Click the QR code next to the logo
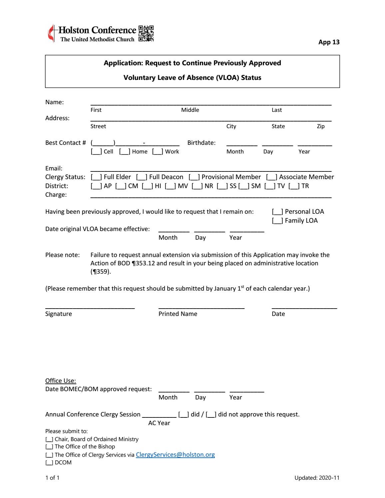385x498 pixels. point(146,34)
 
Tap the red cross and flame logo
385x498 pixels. point(51,34)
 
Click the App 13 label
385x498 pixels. point(329,42)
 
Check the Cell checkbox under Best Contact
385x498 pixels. point(96,152)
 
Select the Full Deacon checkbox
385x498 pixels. point(142,177)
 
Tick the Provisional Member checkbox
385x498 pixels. point(194,177)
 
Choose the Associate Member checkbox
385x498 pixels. point(271,177)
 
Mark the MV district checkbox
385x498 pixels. point(170,186)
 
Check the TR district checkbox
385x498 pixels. point(294,186)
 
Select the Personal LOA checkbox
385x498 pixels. point(277,212)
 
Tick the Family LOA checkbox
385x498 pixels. point(277,221)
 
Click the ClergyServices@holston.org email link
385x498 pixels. point(175,455)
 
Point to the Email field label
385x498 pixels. point(54,168)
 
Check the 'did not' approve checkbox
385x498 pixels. point(211,415)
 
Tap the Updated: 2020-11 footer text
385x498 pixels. point(317,478)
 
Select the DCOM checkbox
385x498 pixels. point(49,463)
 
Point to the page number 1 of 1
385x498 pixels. point(52,478)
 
